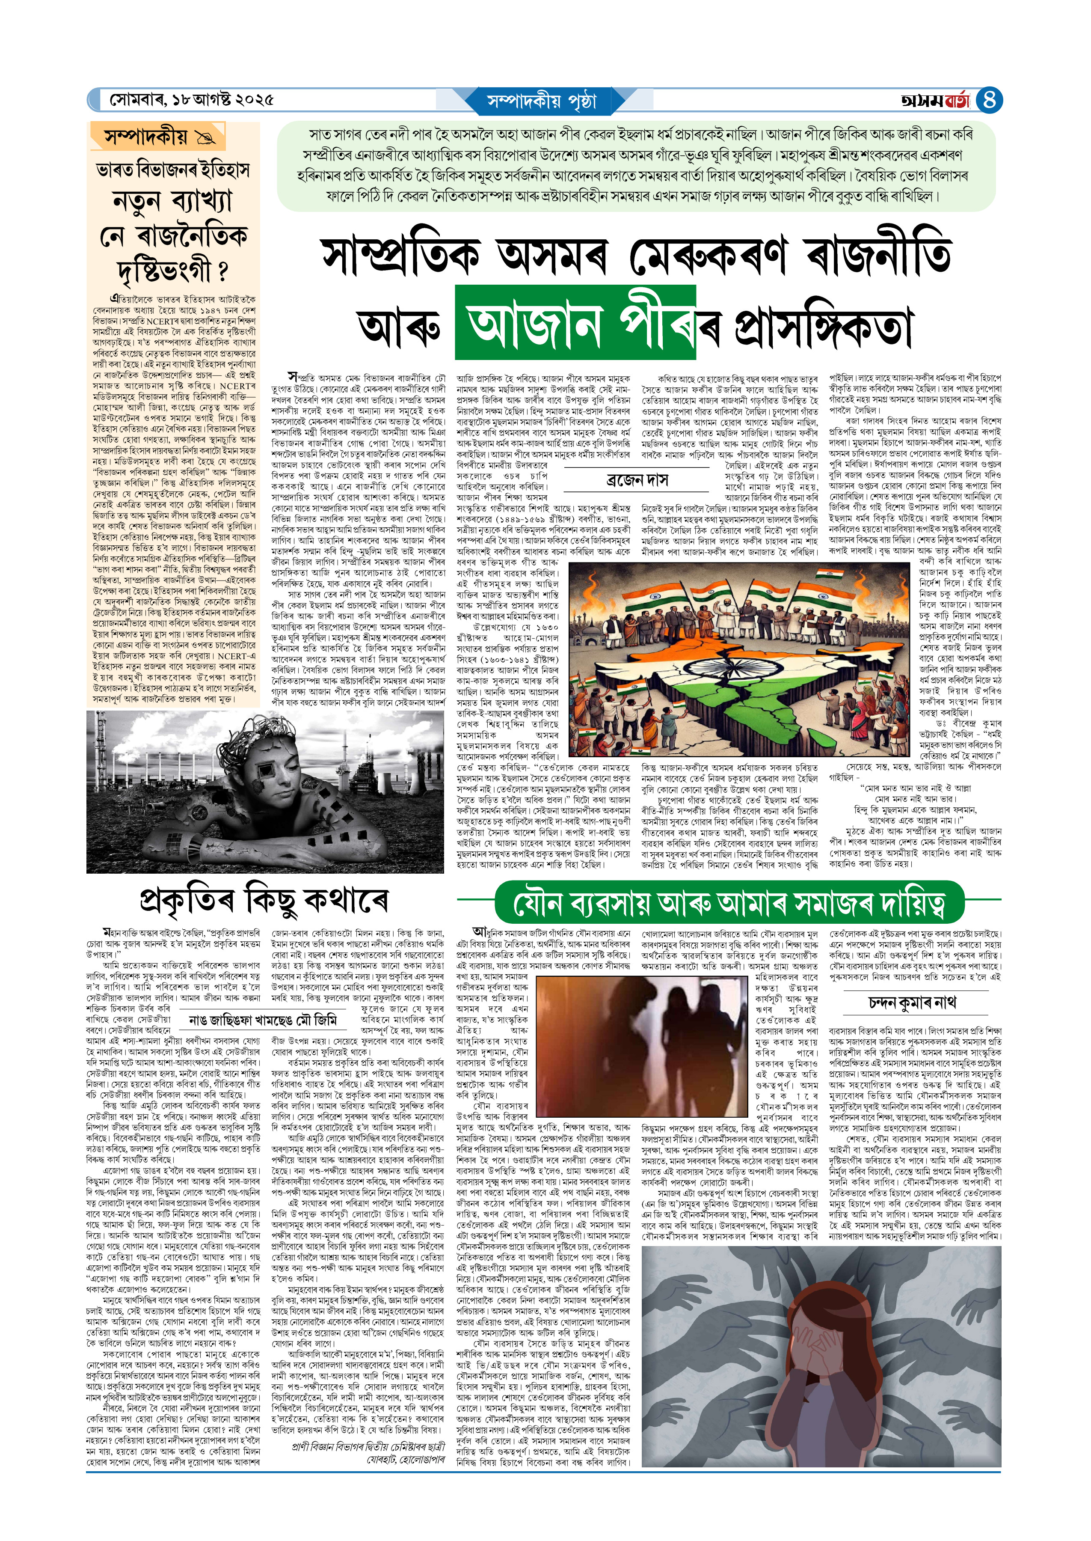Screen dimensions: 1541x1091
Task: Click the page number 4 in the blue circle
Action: pyautogui.click(x=988, y=100)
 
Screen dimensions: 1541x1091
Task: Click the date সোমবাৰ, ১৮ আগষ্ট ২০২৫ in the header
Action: pyautogui.click(x=192, y=101)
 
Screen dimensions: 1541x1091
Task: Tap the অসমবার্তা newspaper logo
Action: pyautogui.click(x=937, y=101)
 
